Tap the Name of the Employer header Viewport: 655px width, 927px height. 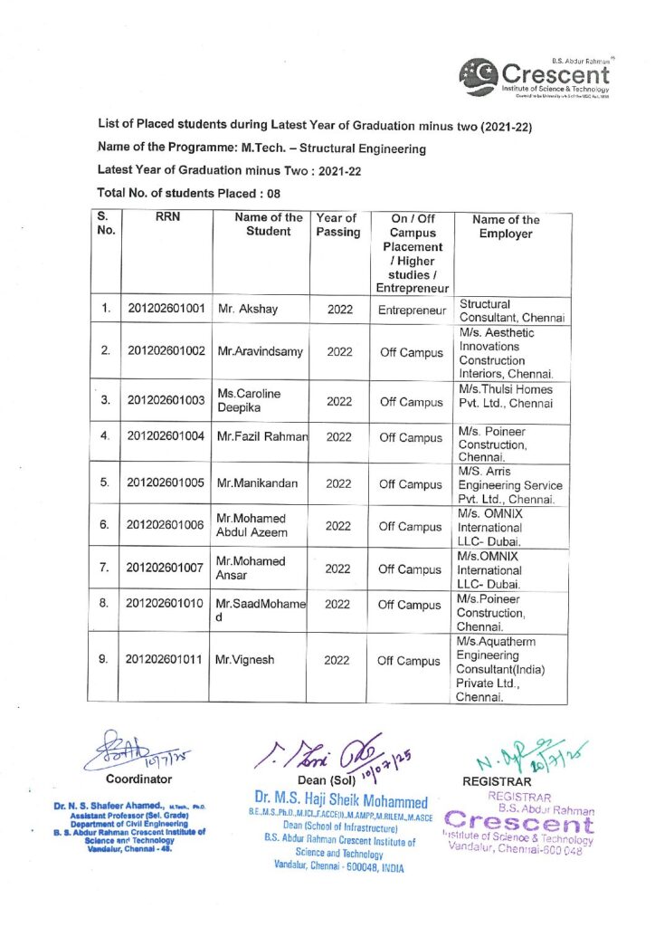[x=506, y=226]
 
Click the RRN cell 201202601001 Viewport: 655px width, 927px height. [x=164, y=310]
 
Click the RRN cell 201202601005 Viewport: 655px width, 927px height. [x=164, y=483]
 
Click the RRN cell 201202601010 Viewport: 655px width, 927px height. [x=164, y=605]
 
